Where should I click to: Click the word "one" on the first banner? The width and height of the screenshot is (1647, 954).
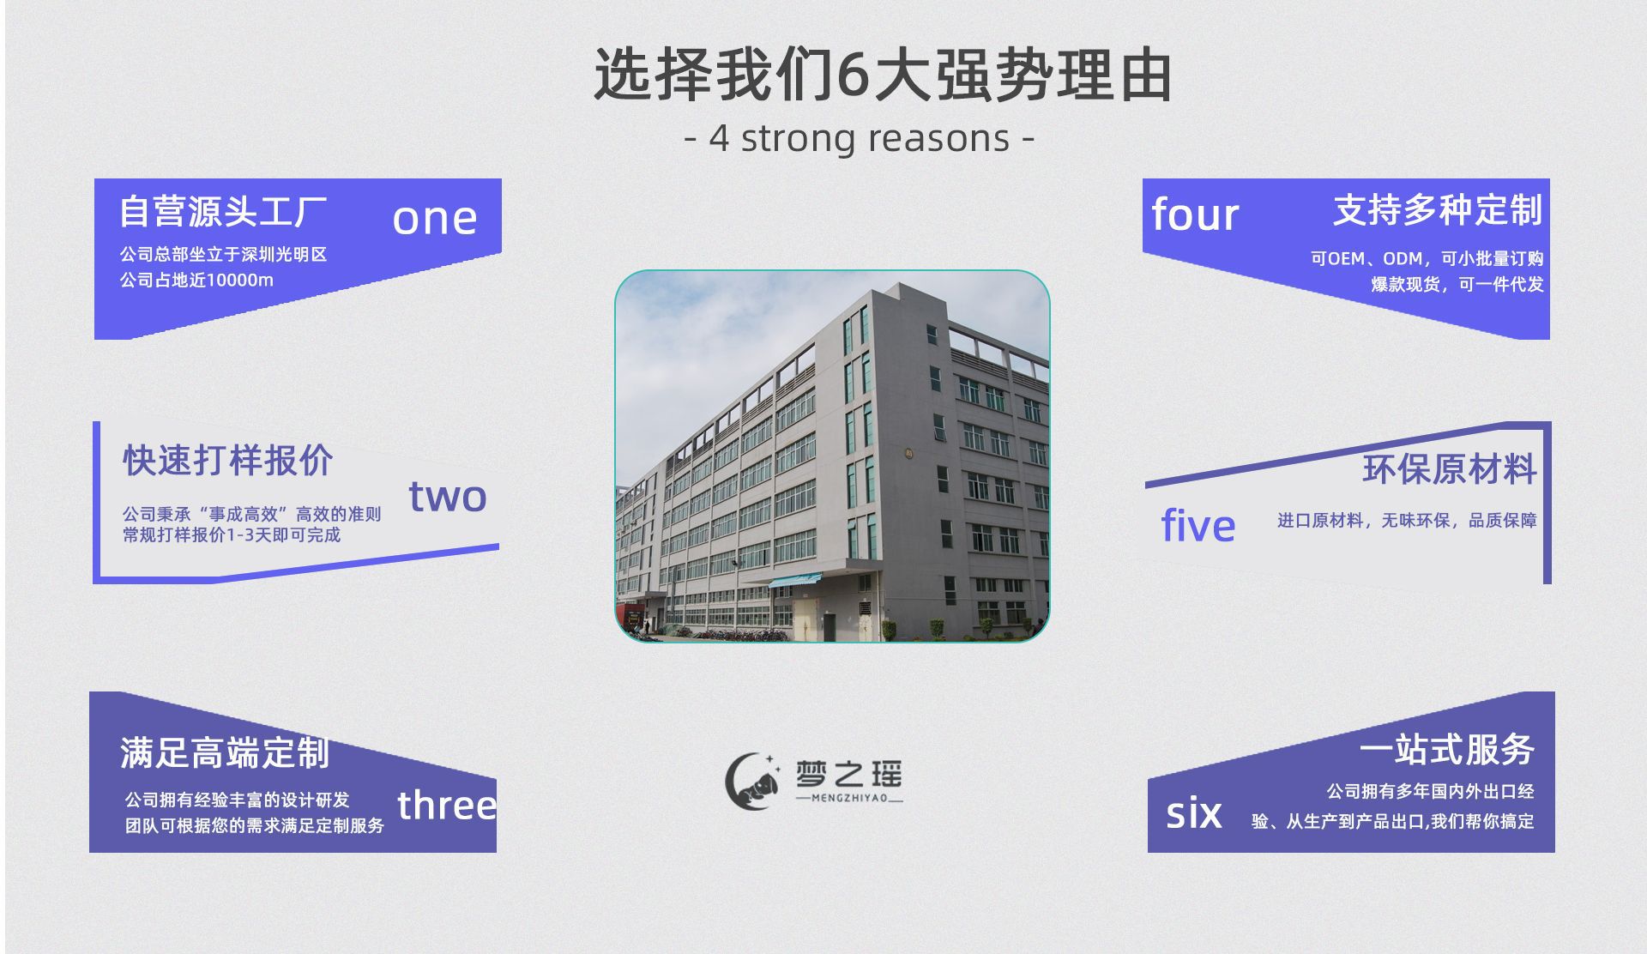435,220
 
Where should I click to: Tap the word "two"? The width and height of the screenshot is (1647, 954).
448,496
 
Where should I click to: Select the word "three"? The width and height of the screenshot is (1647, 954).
447,805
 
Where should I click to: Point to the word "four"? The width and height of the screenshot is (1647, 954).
1195,214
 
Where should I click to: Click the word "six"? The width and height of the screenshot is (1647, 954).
1194,812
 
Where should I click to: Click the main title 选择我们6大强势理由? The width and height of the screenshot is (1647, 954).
884,75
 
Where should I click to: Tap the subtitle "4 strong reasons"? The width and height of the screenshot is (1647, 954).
860,138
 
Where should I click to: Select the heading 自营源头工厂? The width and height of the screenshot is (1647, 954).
223,211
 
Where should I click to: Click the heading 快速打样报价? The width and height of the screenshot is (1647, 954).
227,460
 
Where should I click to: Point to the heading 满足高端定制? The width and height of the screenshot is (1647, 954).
225,752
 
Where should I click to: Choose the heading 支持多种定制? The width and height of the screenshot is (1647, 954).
1438,209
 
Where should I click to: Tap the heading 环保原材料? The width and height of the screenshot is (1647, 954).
1450,469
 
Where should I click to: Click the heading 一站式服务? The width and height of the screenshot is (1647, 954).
1447,749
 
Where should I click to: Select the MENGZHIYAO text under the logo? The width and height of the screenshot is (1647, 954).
849,798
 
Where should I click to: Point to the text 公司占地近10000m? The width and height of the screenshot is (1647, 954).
196,281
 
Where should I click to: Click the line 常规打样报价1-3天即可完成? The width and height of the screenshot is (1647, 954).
232,534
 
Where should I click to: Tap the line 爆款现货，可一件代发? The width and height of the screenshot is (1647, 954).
1457,284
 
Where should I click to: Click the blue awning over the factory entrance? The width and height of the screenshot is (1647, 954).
794,580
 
